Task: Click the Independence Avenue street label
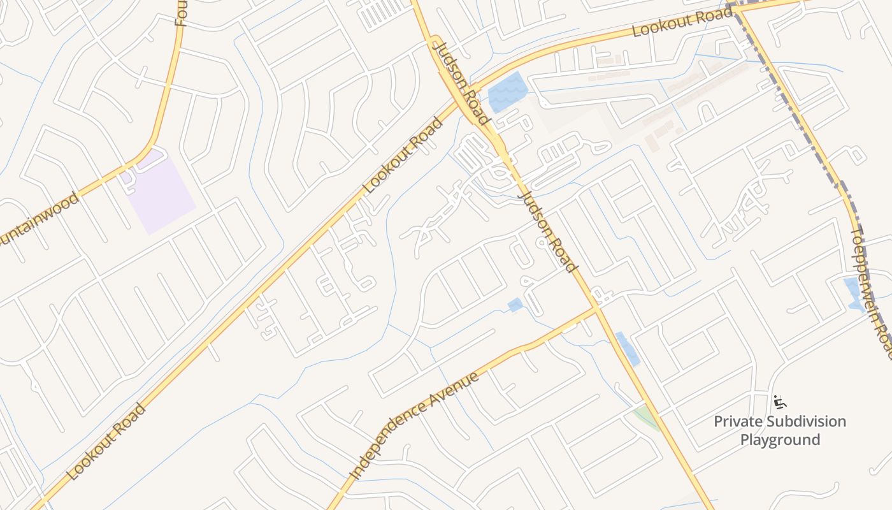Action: pos(415,426)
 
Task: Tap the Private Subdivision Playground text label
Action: pos(780,430)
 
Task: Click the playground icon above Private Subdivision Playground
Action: pos(779,402)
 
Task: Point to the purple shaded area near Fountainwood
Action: pos(159,191)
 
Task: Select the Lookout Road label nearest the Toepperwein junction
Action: pos(682,22)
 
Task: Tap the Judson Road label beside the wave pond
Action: pos(461,80)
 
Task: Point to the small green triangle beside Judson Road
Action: pos(647,417)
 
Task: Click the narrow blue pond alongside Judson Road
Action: pos(628,349)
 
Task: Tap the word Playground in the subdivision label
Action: pos(780,440)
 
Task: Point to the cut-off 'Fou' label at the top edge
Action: pos(180,13)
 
